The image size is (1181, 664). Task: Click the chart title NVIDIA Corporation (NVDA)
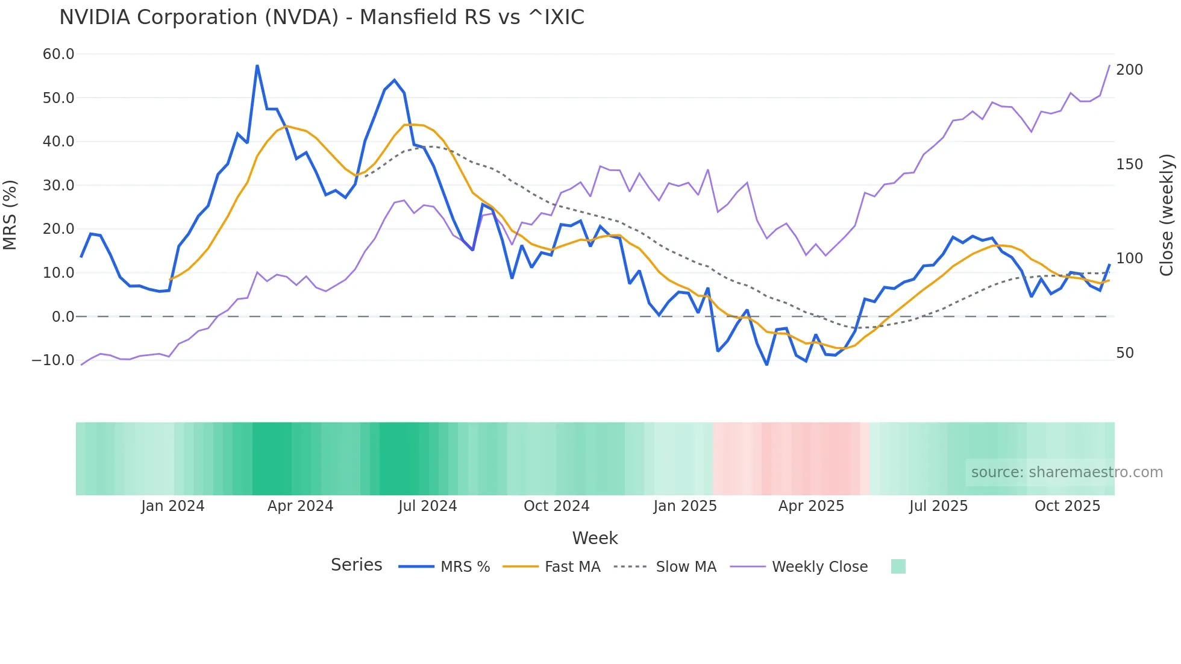321,17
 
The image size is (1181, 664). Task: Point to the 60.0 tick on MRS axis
58,54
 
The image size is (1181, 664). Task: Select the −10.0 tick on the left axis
53,360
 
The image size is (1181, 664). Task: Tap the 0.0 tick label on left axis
63,316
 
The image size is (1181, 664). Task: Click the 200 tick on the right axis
1129,70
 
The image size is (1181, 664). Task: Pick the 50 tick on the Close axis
1125,353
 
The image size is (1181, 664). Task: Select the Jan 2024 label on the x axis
173,506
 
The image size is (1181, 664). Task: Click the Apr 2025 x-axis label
811,506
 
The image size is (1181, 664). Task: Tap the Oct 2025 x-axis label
1067,506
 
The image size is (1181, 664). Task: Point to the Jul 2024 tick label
427,506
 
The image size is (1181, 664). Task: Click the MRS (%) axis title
10,215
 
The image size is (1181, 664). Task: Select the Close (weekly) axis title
1167,215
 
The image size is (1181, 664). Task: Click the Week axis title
595,538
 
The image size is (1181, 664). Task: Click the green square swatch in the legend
898,566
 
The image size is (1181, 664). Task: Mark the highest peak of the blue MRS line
257,66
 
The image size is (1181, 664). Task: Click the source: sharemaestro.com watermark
1067,472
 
